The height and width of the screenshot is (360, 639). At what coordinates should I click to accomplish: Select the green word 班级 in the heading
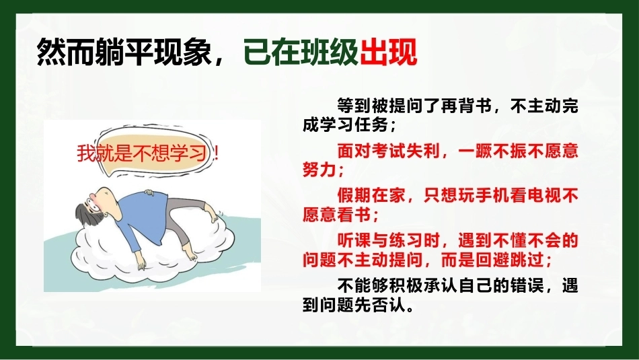pos(330,52)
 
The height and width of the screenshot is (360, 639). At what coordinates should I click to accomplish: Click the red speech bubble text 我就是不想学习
pos(142,153)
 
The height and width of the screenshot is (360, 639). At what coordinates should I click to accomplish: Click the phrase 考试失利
pos(406,151)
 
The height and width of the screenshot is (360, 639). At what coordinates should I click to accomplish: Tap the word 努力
pos(319,169)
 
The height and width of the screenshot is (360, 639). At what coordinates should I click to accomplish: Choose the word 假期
pos(354,196)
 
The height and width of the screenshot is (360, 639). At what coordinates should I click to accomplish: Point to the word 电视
pos(544,196)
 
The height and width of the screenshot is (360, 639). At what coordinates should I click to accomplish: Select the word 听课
pos(354,241)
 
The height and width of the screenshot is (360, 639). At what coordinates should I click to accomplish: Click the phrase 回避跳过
pos(509,260)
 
